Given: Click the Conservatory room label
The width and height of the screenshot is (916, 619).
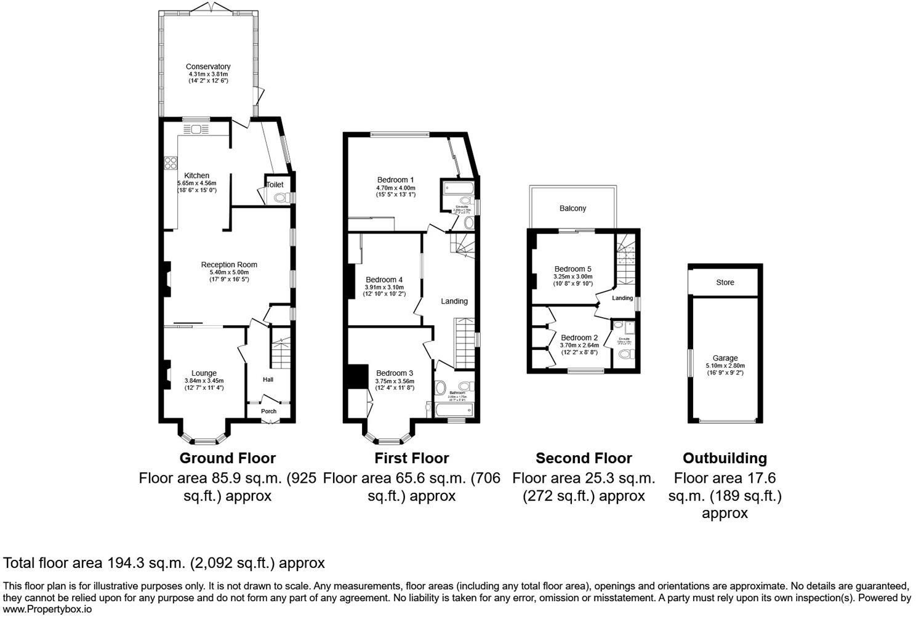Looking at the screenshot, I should pyautogui.click(x=208, y=67).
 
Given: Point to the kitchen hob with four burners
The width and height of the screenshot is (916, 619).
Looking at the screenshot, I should pyautogui.click(x=171, y=163).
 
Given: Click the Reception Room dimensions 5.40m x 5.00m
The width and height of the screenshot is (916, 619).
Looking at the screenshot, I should pyautogui.click(x=229, y=272).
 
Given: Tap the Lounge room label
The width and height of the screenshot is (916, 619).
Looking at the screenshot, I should pyautogui.click(x=204, y=373).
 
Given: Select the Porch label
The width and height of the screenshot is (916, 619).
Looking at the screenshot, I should pyautogui.click(x=268, y=411).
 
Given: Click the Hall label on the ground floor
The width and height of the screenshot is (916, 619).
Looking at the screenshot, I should pyautogui.click(x=268, y=379).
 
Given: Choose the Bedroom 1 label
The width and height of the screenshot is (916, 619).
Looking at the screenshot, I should pyautogui.click(x=395, y=180).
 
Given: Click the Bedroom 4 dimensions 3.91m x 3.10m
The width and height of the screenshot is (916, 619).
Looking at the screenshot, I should pyautogui.click(x=385, y=287).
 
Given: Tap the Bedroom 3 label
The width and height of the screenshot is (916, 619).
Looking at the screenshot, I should pyautogui.click(x=395, y=373).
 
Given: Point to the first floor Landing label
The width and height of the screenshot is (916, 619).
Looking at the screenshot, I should pyautogui.click(x=454, y=301).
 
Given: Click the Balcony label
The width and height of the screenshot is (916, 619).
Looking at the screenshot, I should pyautogui.click(x=572, y=208).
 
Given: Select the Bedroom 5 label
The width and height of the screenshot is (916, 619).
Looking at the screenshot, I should pyautogui.click(x=572, y=269).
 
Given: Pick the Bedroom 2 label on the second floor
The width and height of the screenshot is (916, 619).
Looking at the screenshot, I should pyautogui.click(x=579, y=338).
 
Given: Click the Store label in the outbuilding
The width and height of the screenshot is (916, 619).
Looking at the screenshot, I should pyautogui.click(x=725, y=282).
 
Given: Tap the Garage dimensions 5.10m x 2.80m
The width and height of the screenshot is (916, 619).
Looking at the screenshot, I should pyautogui.click(x=725, y=365).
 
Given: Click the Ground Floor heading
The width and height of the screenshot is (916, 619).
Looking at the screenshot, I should pyautogui.click(x=227, y=458).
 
